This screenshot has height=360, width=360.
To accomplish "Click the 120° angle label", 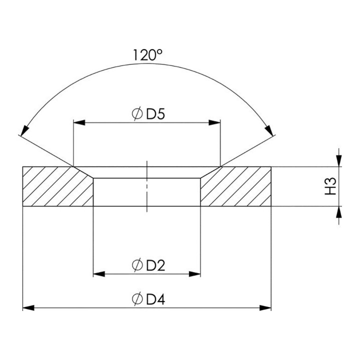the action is click(x=148, y=55).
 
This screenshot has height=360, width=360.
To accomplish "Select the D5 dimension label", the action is click(x=148, y=114).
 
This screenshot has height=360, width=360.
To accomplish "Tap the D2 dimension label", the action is click(x=148, y=265).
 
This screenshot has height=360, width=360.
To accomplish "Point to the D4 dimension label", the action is click(x=148, y=299).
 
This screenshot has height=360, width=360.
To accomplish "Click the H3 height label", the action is click(x=330, y=186).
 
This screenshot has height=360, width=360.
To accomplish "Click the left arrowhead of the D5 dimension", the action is click(x=79, y=122).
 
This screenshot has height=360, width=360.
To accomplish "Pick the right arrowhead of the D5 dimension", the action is click(x=214, y=122).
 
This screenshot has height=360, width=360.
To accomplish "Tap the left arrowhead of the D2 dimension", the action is click(x=99, y=274).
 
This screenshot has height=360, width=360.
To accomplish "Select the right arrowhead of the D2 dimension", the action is click(x=194, y=274).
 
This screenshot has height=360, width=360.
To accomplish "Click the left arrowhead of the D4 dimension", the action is click(x=28, y=308).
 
